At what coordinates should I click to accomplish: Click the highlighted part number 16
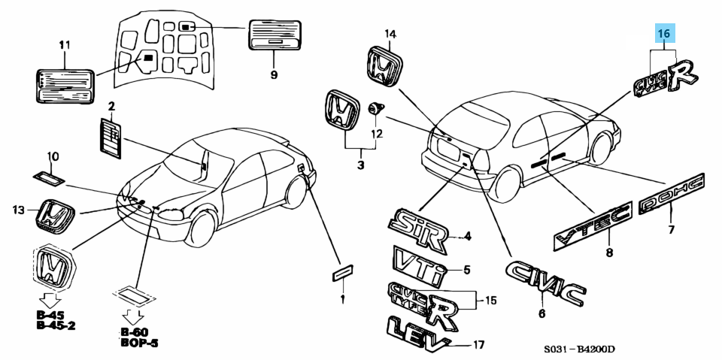(x=664, y=34)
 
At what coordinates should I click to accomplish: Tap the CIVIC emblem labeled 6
(x=545, y=283)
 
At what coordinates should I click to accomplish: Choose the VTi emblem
(x=419, y=263)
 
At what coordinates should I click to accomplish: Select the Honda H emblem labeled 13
(x=55, y=216)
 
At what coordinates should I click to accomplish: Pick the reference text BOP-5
(x=140, y=342)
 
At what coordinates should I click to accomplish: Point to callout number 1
(x=342, y=298)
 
